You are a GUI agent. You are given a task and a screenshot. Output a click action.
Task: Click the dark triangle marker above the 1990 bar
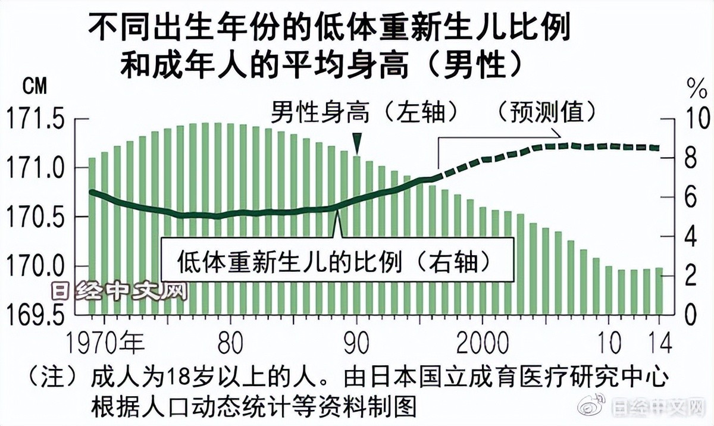pyautogui.click(x=356, y=143)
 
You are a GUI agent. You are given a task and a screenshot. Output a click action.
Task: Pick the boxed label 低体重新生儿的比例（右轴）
pyautogui.click(x=337, y=261)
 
